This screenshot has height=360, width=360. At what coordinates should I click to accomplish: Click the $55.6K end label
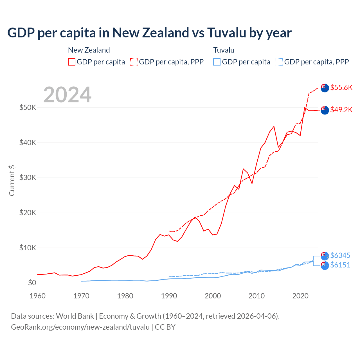coord(341,87)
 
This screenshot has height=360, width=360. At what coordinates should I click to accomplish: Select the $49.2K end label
coord(341,110)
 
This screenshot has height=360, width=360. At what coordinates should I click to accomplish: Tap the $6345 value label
coord(340,255)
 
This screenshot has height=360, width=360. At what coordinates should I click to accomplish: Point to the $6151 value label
coord(340,265)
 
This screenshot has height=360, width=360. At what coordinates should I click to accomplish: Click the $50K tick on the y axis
coord(28,107)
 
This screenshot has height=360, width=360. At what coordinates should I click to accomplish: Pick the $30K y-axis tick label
coord(28,177)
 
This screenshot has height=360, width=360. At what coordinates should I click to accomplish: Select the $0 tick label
coord(32,283)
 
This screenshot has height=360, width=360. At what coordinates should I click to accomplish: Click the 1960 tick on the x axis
coord(37,296)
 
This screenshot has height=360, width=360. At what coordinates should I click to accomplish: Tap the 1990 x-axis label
coord(169,296)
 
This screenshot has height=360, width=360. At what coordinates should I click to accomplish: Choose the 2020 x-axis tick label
coord(300,296)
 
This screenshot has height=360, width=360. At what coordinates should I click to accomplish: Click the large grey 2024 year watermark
coord(67,95)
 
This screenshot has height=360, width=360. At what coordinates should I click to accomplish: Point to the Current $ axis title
coord(12,181)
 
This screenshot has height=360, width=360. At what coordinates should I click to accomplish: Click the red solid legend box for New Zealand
coord(72,62)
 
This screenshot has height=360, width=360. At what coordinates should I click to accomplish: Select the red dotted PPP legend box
coord(134,62)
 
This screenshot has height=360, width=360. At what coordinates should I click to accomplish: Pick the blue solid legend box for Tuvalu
coord(217,62)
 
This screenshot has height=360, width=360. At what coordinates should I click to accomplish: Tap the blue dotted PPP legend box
coord(279,62)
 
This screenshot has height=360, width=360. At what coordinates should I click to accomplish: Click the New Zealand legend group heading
coord(89,50)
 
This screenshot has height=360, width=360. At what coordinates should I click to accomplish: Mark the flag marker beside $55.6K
coord(325,88)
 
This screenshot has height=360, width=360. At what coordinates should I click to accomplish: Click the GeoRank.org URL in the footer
coord(80,327)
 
